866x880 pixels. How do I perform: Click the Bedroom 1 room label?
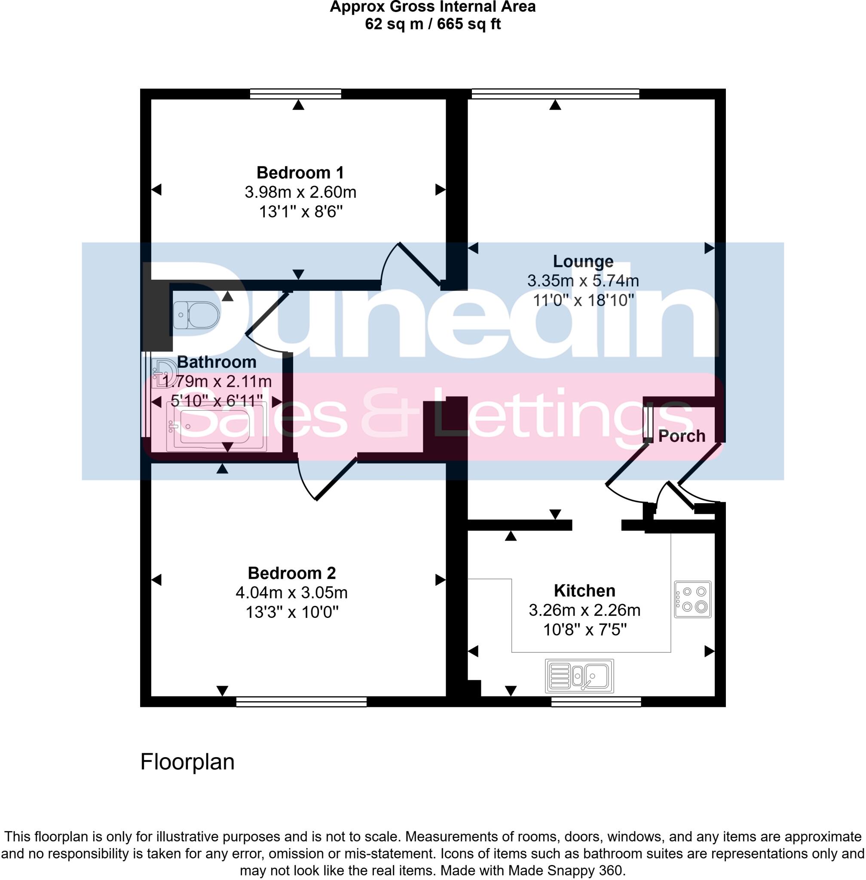point(300,173)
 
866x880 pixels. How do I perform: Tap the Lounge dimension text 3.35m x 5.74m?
point(583,281)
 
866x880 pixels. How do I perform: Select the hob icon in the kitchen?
point(692,599)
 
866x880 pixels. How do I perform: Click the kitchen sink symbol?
point(579,676)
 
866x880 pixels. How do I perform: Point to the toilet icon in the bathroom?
point(196,315)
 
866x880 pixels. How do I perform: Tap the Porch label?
point(681,436)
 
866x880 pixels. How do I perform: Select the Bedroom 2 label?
point(291,573)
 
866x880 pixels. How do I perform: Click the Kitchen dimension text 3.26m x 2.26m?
point(584,610)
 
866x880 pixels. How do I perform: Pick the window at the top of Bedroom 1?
point(296,94)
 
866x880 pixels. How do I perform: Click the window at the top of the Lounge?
point(555,94)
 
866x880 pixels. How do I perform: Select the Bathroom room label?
point(217,362)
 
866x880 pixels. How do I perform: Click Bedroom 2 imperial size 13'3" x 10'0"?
point(292,613)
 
